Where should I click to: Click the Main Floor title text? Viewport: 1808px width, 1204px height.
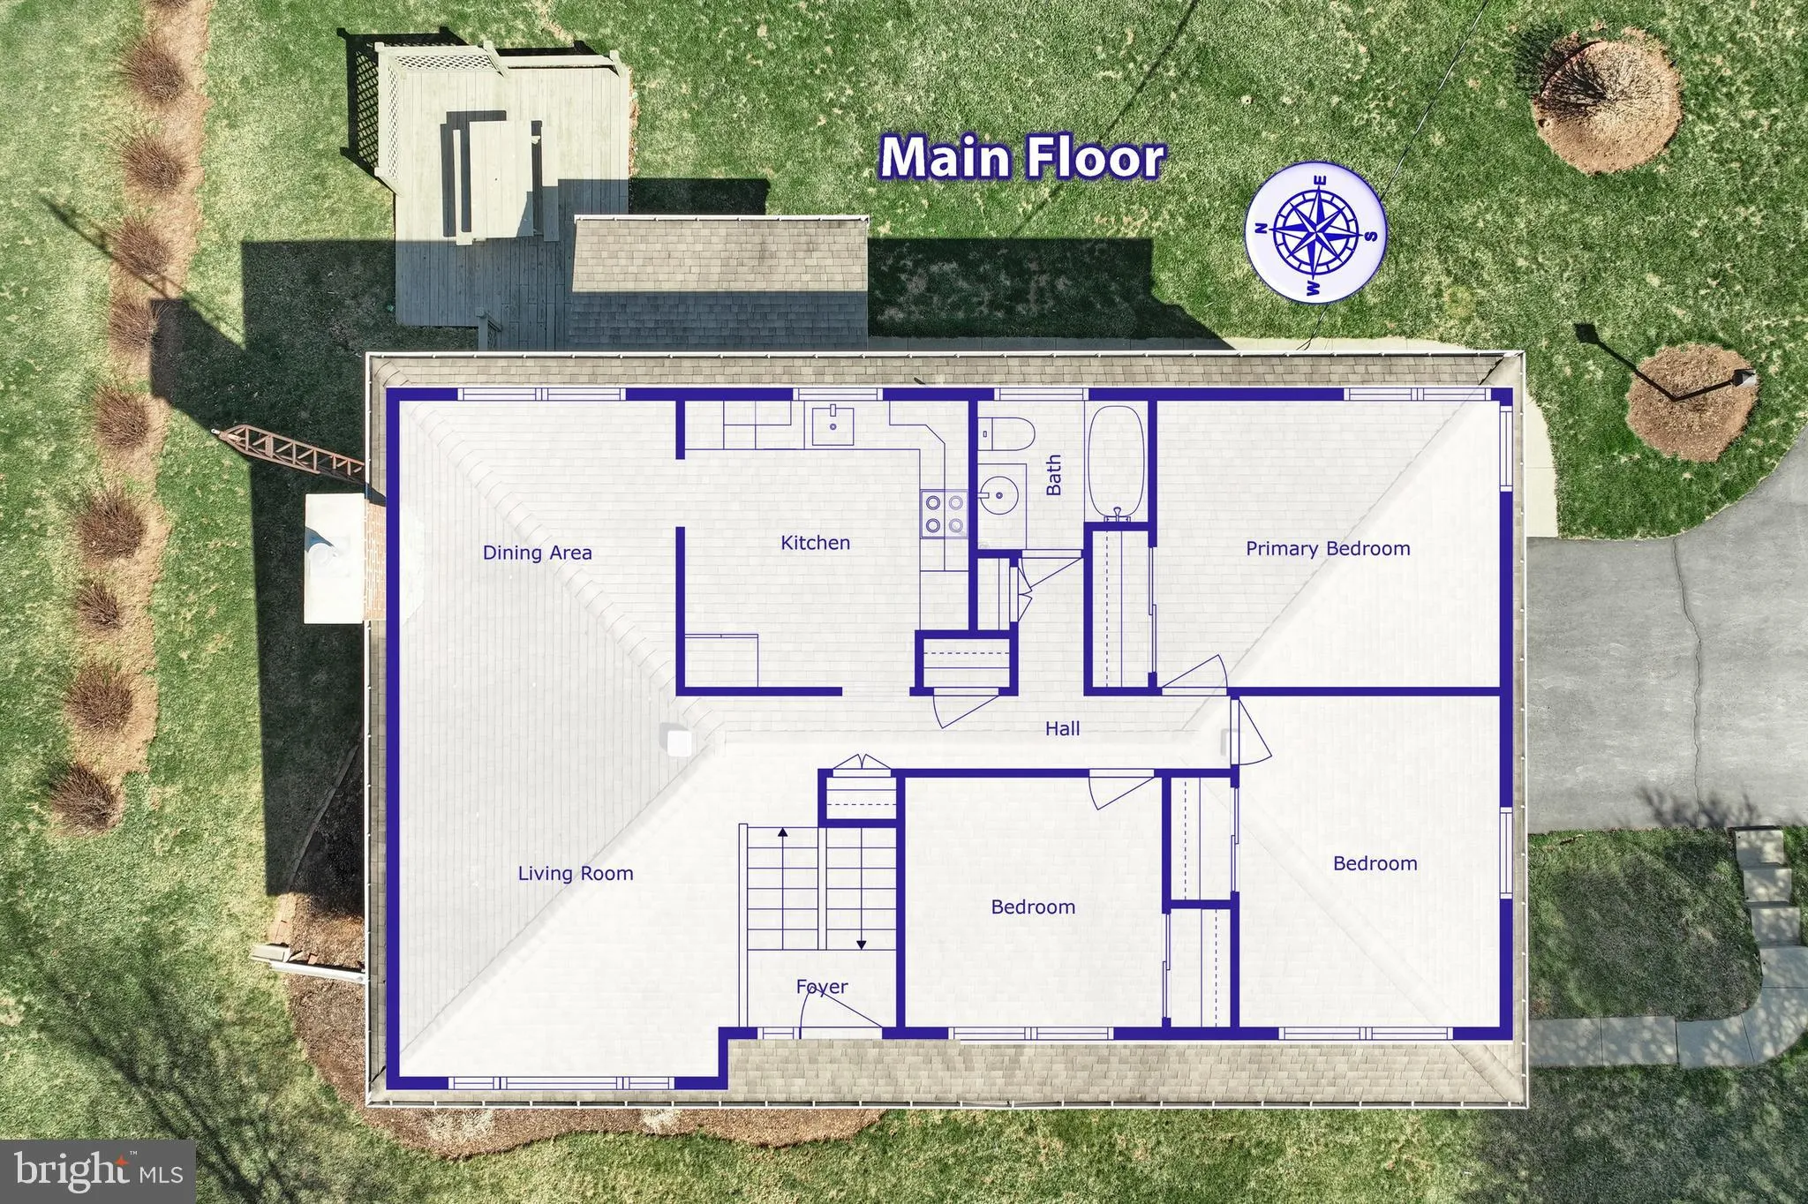point(1022,158)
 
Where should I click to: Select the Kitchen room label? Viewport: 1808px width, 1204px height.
point(815,543)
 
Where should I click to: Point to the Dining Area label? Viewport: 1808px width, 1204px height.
point(537,553)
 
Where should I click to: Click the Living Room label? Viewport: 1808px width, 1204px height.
point(575,874)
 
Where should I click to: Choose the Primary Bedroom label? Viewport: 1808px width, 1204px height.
point(1327,549)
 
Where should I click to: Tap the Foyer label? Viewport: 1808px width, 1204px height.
point(822,987)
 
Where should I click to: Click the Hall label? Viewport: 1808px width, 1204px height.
point(1062,729)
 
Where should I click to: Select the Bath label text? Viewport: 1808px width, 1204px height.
point(1054,476)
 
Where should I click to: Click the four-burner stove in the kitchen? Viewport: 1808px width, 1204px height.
point(944,514)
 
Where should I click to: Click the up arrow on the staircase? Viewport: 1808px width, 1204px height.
point(781,832)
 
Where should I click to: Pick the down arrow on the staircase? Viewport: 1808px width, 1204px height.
point(861,944)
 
